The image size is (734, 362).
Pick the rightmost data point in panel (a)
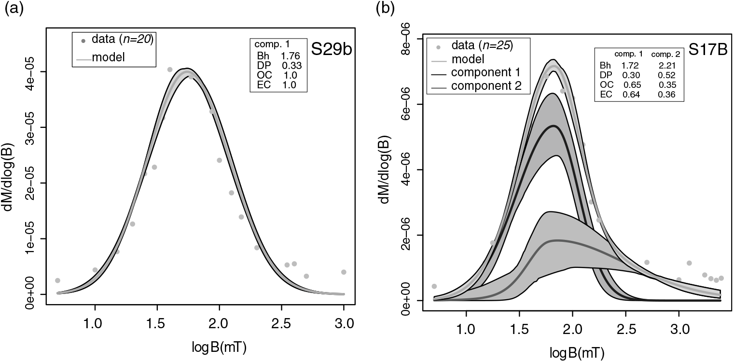pyautogui.click(x=344, y=272)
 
